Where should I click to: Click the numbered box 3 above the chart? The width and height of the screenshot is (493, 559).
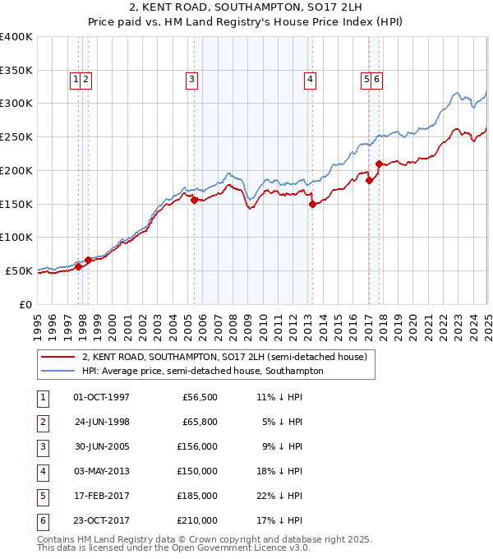[191, 80]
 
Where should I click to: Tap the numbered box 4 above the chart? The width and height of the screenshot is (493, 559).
[310, 80]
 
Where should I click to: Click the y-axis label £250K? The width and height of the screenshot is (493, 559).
[16, 136]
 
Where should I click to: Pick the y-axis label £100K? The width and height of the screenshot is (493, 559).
[16, 237]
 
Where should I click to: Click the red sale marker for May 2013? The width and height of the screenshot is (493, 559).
[312, 205]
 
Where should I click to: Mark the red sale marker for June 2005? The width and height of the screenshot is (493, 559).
[194, 200]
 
